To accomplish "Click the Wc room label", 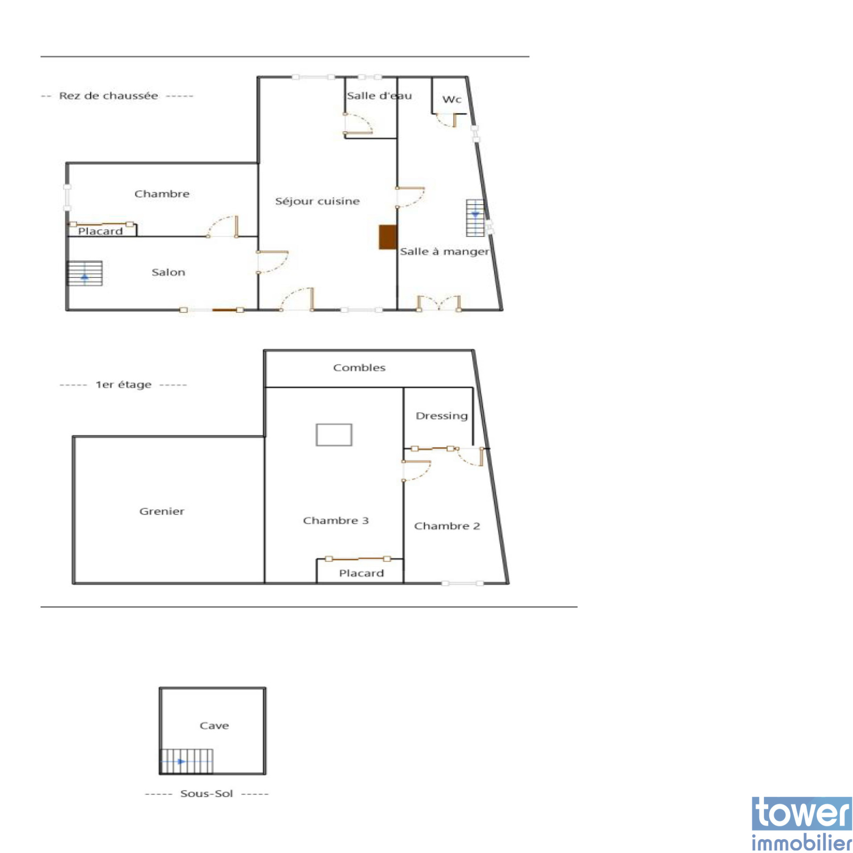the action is (452, 100).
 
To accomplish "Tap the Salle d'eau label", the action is (379, 96).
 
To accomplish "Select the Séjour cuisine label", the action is (317, 201).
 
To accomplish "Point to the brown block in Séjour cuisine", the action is (388, 237).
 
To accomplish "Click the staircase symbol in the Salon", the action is (84, 273).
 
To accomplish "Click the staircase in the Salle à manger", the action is (475, 218).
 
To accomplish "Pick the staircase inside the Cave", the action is (187, 761).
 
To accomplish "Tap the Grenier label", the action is (162, 511).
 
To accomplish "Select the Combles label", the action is (359, 368).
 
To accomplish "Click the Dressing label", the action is (441, 416).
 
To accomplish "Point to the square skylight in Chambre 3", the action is (334, 434).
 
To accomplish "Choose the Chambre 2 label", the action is (447, 526).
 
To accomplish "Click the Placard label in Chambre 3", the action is (361, 573).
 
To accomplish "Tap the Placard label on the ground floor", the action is (100, 231).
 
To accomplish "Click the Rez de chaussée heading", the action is (108, 96).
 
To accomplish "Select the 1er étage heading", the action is (123, 385).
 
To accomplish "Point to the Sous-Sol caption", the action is (206, 794).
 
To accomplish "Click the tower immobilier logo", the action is (801, 824).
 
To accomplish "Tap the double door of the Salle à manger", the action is (438, 303).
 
